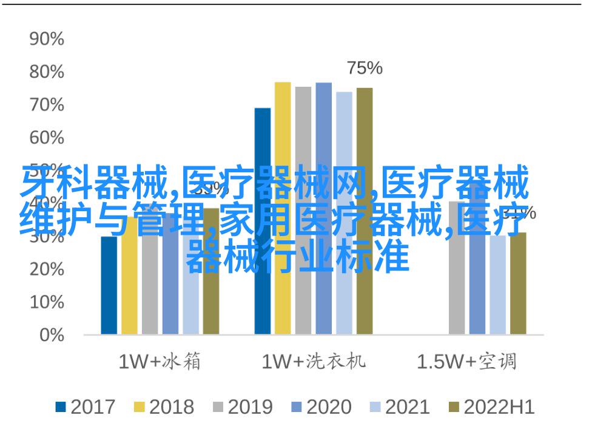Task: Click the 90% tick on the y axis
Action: click(47, 40)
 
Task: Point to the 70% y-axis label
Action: click(47, 106)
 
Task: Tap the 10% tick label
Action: click(47, 302)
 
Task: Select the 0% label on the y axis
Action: click(51, 335)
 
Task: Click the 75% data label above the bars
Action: click(365, 69)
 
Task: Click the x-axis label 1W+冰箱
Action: click(160, 362)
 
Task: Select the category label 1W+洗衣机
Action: click(314, 362)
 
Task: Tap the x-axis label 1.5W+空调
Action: click(467, 362)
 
